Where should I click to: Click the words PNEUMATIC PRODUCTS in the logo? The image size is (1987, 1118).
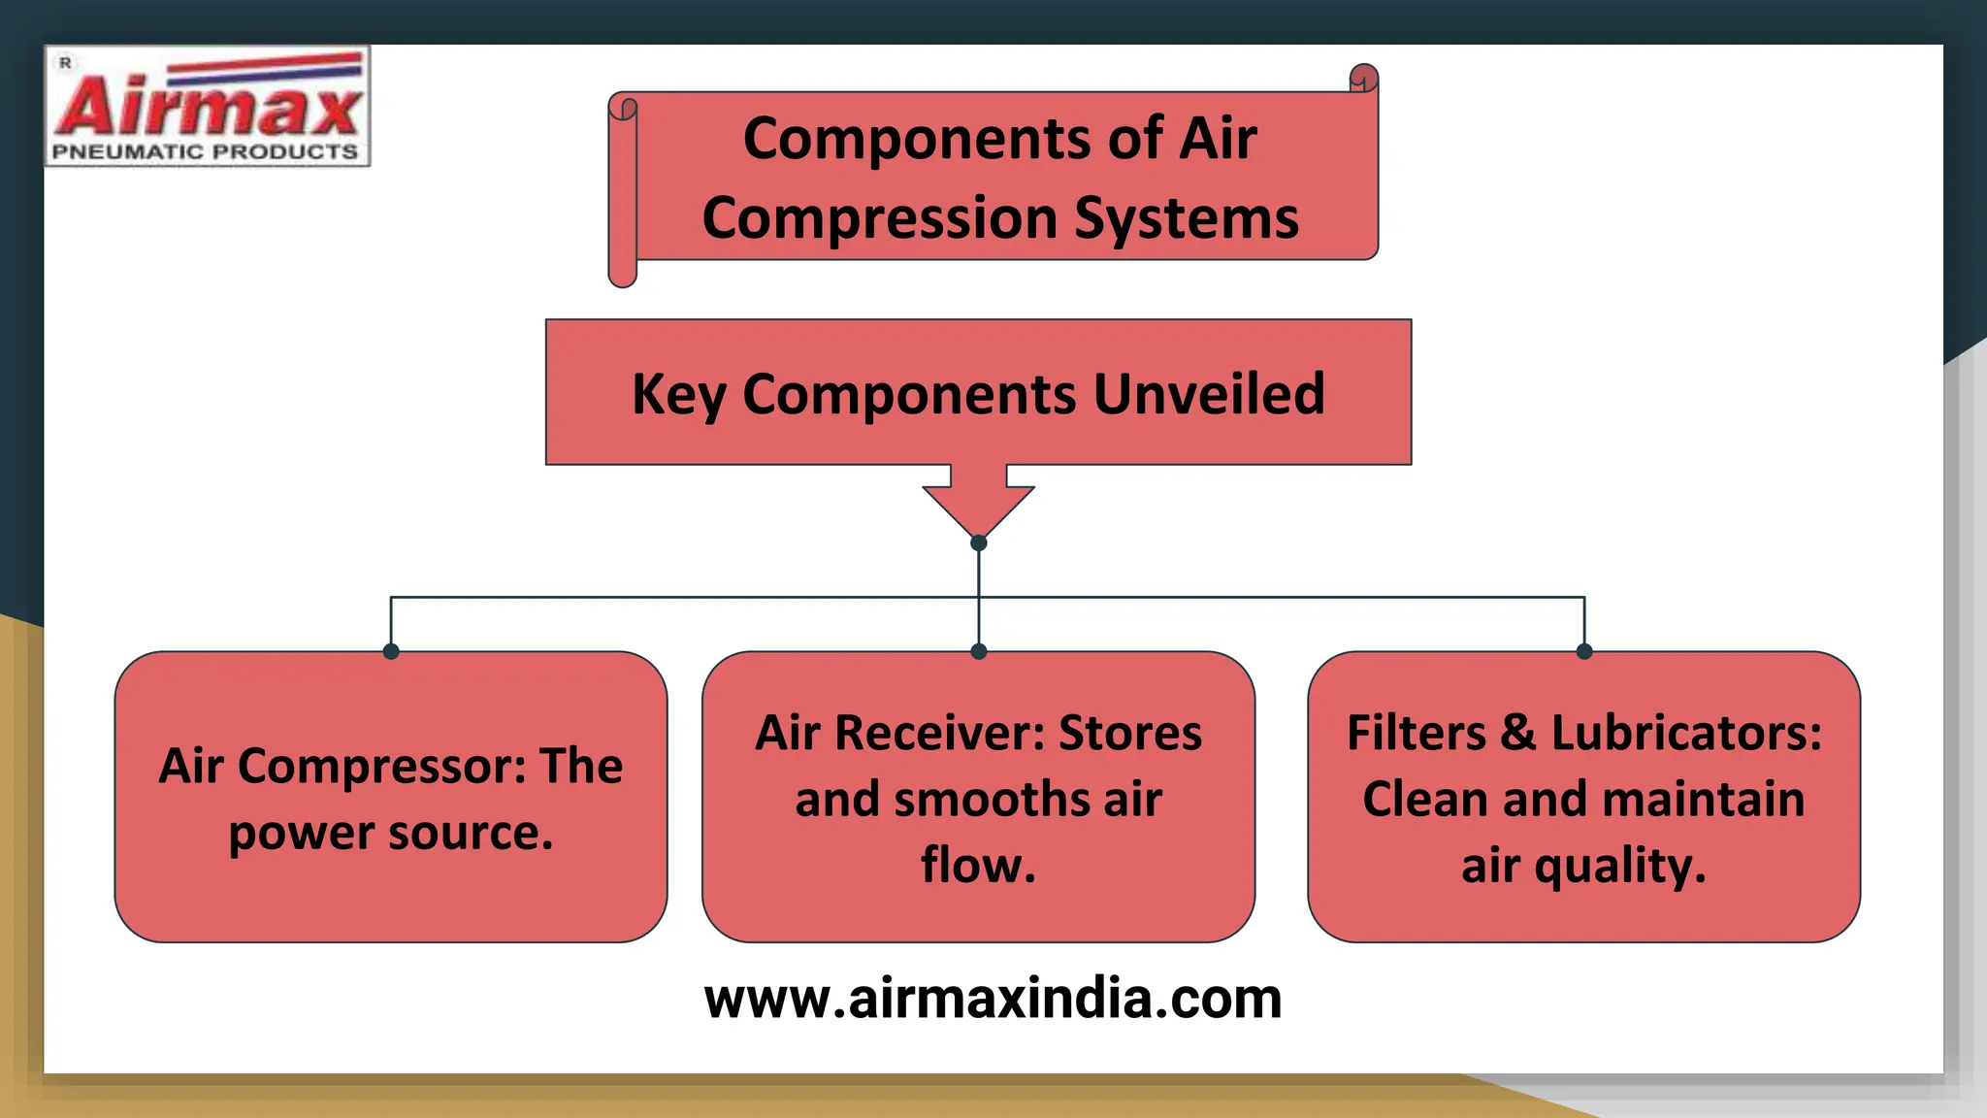[x=205, y=152]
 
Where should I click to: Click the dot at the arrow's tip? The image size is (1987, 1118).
[x=978, y=543]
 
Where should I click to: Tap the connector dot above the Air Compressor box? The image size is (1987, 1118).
[x=391, y=651]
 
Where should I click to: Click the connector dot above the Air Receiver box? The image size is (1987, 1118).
[x=978, y=651]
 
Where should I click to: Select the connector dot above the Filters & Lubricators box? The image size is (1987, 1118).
[x=1584, y=651]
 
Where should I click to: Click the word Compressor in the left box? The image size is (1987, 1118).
[x=381, y=767]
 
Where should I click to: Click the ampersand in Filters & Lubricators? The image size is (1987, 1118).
[x=1518, y=733]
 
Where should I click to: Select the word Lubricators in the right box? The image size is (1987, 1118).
[x=1686, y=733]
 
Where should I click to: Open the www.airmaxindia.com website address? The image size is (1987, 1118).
[x=993, y=999]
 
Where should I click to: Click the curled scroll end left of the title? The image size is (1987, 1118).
[x=622, y=189]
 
